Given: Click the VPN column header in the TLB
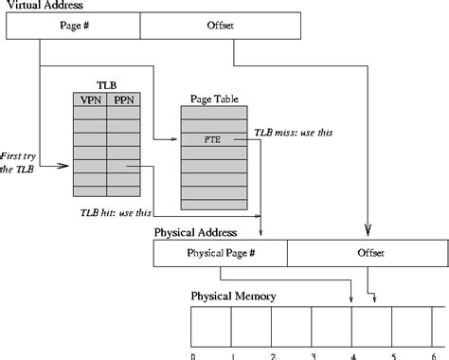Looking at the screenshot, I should pyautogui.click(x=90, y=98).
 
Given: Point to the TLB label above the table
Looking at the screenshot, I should pyautogui.click(x=106, y=84).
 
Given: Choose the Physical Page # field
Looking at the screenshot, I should pyautogui.click(x=220, y=253).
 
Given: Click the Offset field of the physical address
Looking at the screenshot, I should pyautogui.click(x=364, y=253).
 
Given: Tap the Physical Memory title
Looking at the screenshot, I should pyautogui.click(x=233, y=297).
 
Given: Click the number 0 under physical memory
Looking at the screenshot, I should pyautogui.click(x=193, y=356).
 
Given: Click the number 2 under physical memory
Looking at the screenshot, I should pyautogui.click(x=273, y=356).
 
